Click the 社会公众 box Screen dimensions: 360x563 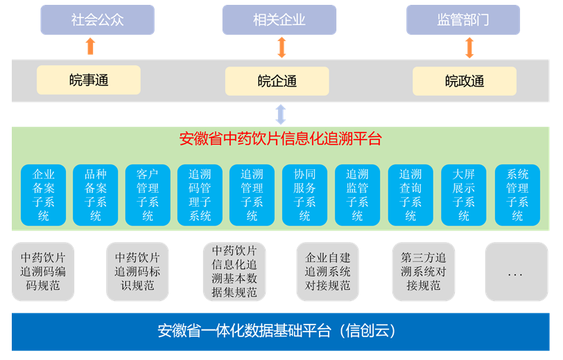(x=97, y=19)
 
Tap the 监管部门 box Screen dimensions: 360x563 (x=462, y=19)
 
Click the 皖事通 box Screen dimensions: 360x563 (x=89, y=80)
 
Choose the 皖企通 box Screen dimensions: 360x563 (x=277, y=81)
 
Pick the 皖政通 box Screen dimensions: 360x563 (x=464, y=81)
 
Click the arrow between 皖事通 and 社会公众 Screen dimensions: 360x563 (x=89, y=47)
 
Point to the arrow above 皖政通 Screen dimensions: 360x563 (x=469, y=47)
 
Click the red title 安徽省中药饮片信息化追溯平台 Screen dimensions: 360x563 (x=280, y=139)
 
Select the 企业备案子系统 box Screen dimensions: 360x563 (x=44, y=195)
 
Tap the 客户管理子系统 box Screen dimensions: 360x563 (x=148, y=195)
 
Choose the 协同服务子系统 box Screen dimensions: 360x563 (x=304, y=195)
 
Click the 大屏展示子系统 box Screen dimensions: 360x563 (x=463, y=195)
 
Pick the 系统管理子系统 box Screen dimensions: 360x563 (x=517, y=195)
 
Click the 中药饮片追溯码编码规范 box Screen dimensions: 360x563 (x=43, y=271)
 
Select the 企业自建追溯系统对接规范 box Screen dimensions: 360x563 (x=327, y=271)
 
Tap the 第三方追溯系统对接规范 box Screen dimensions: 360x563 (x=424, y=271)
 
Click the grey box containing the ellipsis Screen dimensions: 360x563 (x=516, y=271)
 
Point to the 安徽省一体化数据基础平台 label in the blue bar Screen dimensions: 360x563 (x=277, y=331)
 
